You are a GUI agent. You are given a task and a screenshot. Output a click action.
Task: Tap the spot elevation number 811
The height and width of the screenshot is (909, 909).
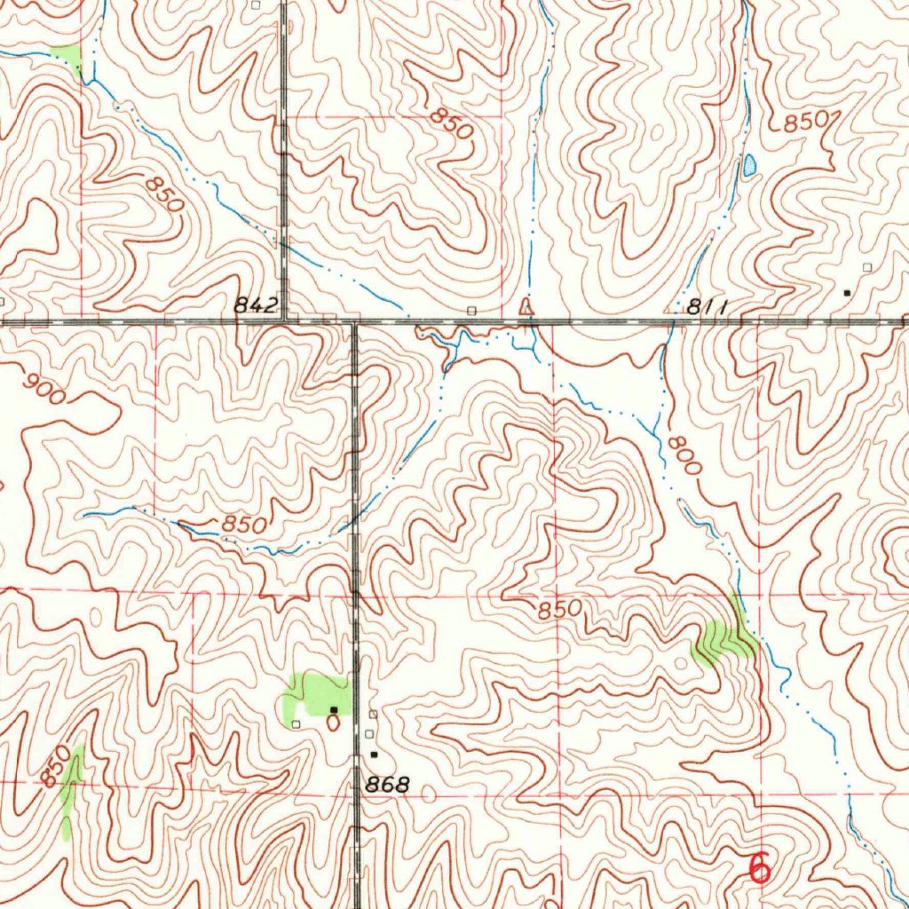click(x=707, y=308)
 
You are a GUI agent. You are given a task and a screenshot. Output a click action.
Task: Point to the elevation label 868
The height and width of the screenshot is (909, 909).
click(x=388, y=785)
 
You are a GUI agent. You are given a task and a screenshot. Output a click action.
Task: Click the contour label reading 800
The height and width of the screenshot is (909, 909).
click(x=684, y=458)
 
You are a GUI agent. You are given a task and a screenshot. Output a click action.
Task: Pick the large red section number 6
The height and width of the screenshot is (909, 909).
click(x=759, y=867)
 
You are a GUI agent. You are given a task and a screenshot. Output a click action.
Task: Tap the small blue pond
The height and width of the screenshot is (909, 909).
click(x=750, y=165)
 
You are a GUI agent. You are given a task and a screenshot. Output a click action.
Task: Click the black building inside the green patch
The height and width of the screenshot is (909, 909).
click(x=333, y=710)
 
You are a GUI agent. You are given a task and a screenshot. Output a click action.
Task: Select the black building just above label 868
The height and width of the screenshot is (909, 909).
click(x=374, y=755)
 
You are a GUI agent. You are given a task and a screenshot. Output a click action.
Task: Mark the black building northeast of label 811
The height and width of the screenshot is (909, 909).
click(x=846, y=291)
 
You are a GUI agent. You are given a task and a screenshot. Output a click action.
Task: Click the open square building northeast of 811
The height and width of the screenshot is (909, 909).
click(x=867, y=266)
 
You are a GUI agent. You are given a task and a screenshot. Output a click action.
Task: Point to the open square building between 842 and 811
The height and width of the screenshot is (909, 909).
click(x=471, y=311)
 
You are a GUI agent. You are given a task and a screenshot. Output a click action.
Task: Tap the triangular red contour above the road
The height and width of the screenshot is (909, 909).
click(x=526, y=307)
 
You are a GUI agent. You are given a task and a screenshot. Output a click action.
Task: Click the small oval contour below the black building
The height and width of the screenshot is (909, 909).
click(x=333, y=723)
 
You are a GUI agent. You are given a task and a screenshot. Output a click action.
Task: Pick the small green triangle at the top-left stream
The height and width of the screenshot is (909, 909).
click(x=67, y=56)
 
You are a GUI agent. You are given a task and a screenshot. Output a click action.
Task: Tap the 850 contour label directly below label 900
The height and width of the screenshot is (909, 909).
click(x=244, y=525)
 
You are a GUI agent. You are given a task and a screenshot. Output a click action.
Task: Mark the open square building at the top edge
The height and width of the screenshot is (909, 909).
click(x=257, y=5)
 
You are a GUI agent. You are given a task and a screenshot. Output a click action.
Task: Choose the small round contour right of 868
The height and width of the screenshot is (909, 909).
click(x=429, y=794)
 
